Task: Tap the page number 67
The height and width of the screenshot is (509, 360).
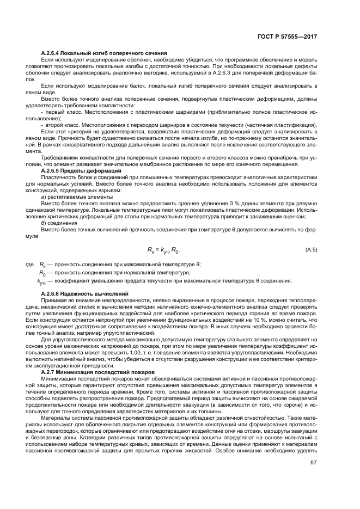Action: [x=313, y=462]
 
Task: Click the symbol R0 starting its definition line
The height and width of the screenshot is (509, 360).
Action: [x=42, y=272]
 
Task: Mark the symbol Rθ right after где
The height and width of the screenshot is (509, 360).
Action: [x=42, y=264]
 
